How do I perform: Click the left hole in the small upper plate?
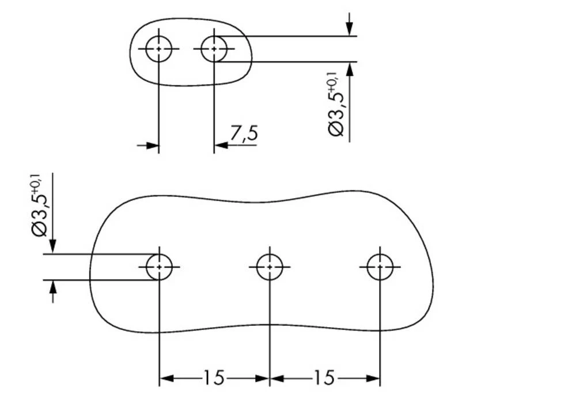158,49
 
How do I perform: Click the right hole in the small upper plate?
214,49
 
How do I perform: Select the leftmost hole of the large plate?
159,267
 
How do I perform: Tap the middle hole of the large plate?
269,267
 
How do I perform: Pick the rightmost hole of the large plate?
380,267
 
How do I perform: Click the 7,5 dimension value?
243,134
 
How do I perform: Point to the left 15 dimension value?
213,378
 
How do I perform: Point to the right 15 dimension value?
324,378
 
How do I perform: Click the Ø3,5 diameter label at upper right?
337,109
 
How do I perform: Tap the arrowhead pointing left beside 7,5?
221,146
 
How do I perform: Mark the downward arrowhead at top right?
350,29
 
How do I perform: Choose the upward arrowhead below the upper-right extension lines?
350,69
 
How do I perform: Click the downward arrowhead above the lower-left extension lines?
53,246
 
